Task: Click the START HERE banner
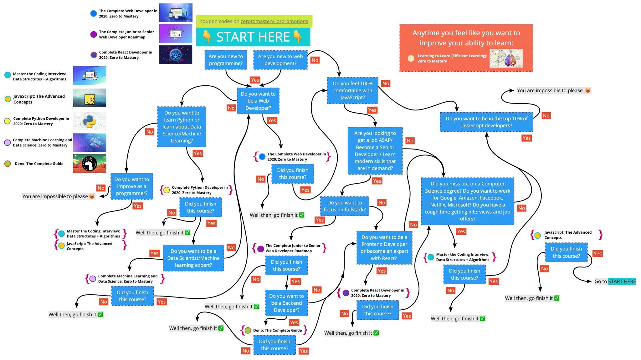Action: click(253, 37)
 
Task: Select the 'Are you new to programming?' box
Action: click(226, 60)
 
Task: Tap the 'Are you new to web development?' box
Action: click(280, 60)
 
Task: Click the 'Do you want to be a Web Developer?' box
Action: click(258, 101)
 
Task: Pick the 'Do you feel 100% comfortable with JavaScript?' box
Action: click(353, 90)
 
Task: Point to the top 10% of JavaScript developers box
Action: click(486, 122)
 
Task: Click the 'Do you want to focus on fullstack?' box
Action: click(345, 206)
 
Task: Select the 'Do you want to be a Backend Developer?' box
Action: click(286, 303)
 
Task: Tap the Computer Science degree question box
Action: click(468, 201)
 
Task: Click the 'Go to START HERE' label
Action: click(615, 281)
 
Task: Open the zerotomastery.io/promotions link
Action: click(274, 21)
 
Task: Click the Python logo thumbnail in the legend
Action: click(90, 121)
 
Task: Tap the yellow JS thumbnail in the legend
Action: click(90, 98)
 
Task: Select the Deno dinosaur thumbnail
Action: click(90, 164)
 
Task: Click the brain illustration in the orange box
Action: click(506, 58)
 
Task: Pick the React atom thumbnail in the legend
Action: click(176, 55)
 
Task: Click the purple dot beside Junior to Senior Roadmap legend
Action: click(94, 34)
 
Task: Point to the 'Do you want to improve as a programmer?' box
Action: click(131, 186)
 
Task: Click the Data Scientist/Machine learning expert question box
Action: click(193, 258)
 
